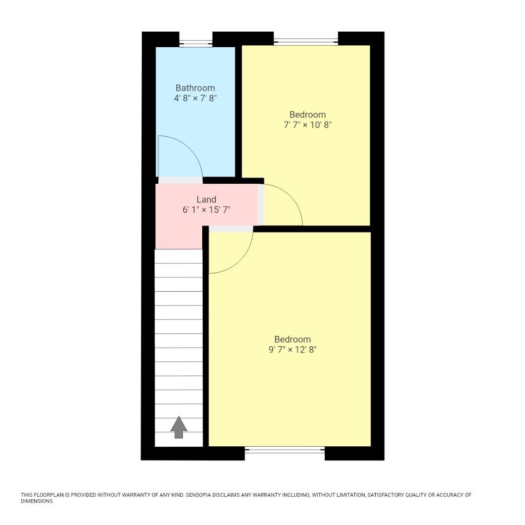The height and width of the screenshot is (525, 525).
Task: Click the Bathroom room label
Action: coord(195,88)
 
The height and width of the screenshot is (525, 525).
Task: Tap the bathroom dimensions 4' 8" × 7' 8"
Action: coord(195,98)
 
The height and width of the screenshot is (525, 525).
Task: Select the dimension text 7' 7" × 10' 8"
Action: coord(307,125)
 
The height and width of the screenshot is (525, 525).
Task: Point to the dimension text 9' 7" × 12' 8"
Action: coord(292,350)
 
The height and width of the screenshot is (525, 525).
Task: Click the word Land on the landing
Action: coord(206,199)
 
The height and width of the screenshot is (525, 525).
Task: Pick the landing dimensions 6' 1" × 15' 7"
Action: coord(206,210)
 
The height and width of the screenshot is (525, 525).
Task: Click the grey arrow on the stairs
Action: coord(178,427)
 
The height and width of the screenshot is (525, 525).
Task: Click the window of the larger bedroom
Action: coord(285,450)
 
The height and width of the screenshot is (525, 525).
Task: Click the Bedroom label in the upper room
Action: coord(307,115)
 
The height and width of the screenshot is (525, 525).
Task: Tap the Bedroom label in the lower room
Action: coord(292,339)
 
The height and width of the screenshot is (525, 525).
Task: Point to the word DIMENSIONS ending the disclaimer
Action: coord(36,501)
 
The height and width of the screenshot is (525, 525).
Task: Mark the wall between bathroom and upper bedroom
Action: coord(238,112)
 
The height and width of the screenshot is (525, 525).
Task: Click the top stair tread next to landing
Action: coord(178,256)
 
